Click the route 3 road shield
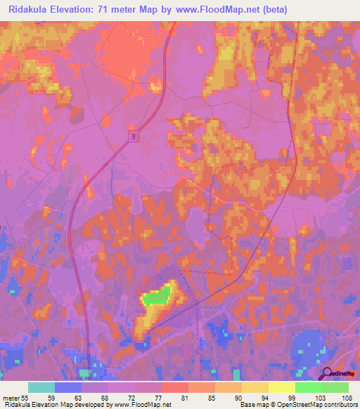click(x=134, y=138)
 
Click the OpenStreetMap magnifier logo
click(x=328, y=373)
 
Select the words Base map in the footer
click(x=252, y=405)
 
